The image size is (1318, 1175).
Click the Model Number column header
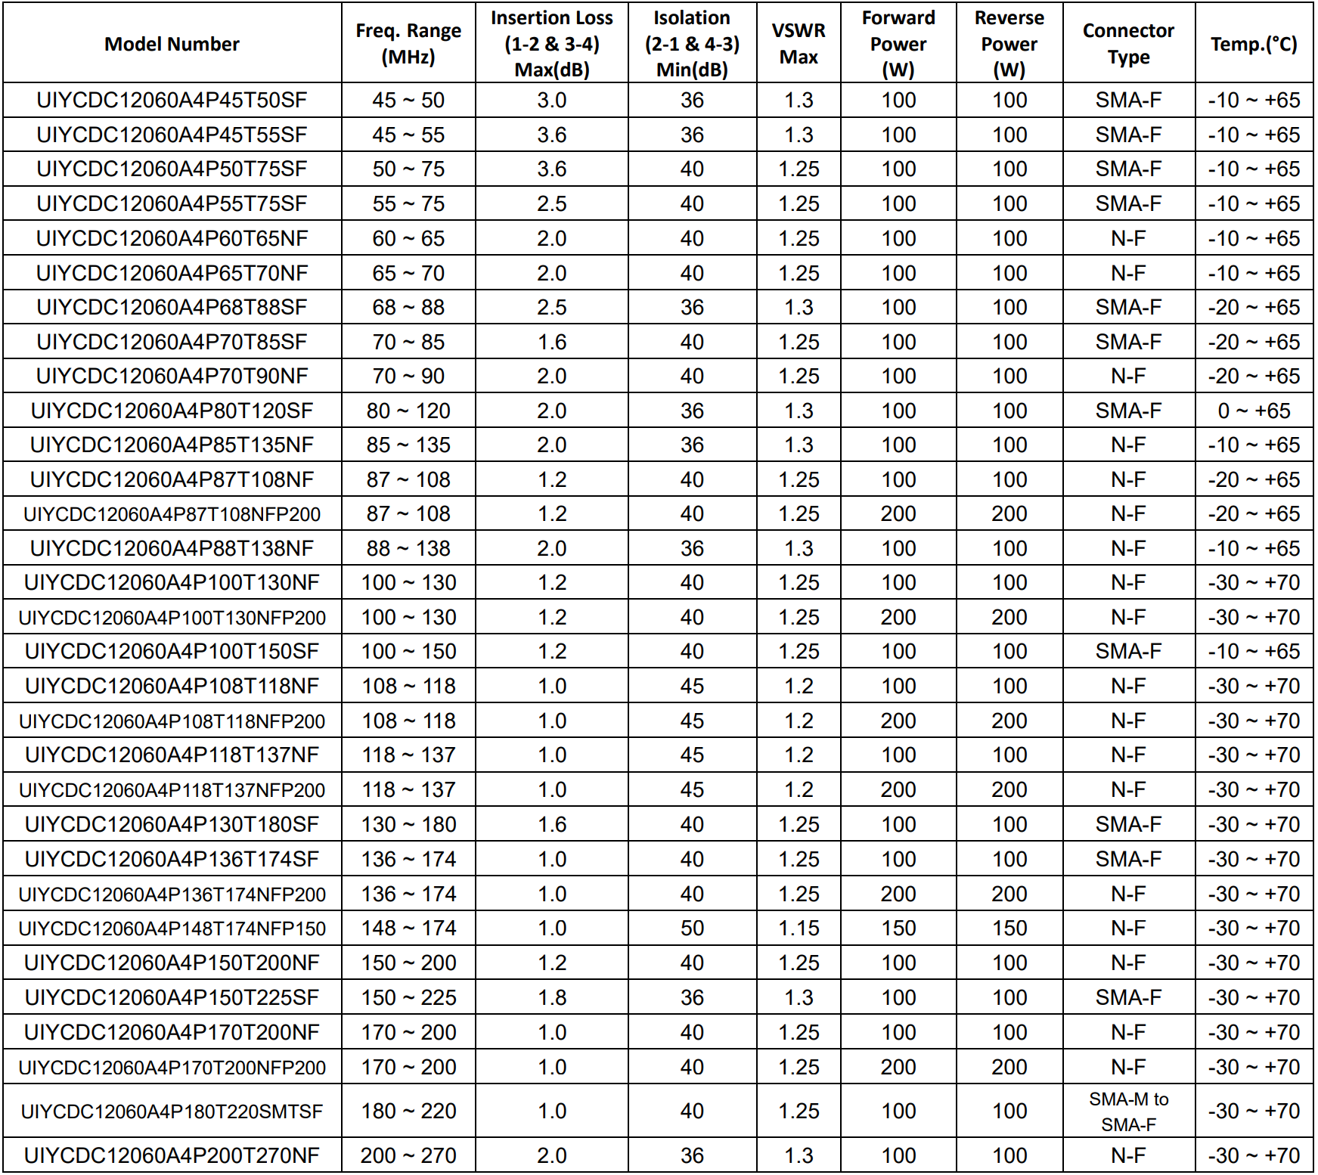point(172,44)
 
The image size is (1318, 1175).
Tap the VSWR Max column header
point(799,44)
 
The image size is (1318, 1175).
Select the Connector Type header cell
point(1128,44)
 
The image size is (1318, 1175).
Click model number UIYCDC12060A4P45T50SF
point(172,100)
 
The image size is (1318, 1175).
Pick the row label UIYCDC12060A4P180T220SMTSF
point(172,1111)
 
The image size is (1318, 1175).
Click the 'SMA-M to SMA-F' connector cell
point(1128,1111)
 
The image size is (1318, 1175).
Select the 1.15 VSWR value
point(799,928)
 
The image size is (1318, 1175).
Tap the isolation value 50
point(692,928)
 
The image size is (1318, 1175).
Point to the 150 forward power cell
point(898,928)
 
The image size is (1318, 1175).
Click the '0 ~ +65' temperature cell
point(1254,411)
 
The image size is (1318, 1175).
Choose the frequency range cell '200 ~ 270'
point(408,1155)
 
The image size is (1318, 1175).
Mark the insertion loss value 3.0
point(552,100)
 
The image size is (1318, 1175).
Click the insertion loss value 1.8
point(552,997)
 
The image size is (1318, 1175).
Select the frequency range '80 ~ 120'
point(408,411)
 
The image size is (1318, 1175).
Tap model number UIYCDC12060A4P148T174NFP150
point(172,929)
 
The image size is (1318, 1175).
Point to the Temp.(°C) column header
point(1254,44)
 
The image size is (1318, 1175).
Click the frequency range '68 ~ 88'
point(408,307)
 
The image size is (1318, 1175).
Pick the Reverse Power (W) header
point(1009,44)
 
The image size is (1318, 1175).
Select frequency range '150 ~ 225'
point(408,997)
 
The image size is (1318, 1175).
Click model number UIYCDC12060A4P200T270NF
point(172,1155)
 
